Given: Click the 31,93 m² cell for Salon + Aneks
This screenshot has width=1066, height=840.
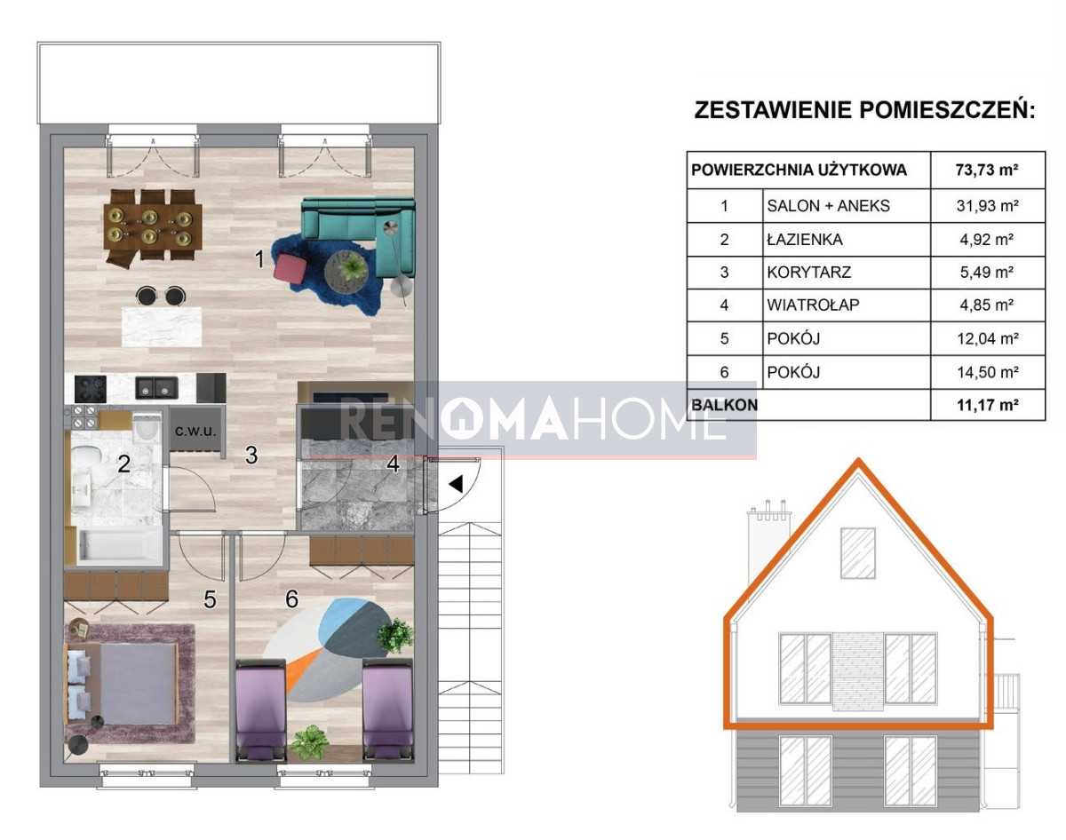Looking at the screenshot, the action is point(987,205).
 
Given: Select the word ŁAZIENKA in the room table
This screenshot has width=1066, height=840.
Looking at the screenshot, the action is point(805,240).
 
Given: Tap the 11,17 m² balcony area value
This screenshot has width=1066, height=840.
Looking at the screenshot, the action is point(988,405).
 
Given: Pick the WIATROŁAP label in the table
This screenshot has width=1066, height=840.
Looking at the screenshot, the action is point(813,305).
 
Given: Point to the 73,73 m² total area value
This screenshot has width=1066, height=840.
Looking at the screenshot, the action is point(987,170).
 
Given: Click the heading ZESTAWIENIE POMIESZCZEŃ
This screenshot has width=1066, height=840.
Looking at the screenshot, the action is point(864,110).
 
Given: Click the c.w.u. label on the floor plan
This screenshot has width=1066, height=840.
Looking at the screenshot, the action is point(195,431).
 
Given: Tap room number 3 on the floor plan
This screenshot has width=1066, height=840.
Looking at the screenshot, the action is point(251,455).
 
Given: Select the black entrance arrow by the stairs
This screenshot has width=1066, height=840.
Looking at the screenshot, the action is point(456,484).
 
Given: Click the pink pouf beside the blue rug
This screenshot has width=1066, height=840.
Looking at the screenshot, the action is point(290,268).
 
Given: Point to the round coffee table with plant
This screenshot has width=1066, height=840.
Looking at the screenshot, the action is point(346,272).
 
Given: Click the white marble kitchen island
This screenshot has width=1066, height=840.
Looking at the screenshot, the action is point(162,327).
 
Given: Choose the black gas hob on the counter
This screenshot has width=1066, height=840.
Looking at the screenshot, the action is point(91,389).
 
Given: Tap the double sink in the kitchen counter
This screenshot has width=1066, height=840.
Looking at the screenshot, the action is point(156,388).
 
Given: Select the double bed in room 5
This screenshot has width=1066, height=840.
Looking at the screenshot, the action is point(122,684).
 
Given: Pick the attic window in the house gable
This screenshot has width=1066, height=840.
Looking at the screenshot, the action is point(858,553).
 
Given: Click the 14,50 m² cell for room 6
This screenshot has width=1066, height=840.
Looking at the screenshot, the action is point(988,372).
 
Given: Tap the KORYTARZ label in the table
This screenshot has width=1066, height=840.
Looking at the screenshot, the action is point(809,273).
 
